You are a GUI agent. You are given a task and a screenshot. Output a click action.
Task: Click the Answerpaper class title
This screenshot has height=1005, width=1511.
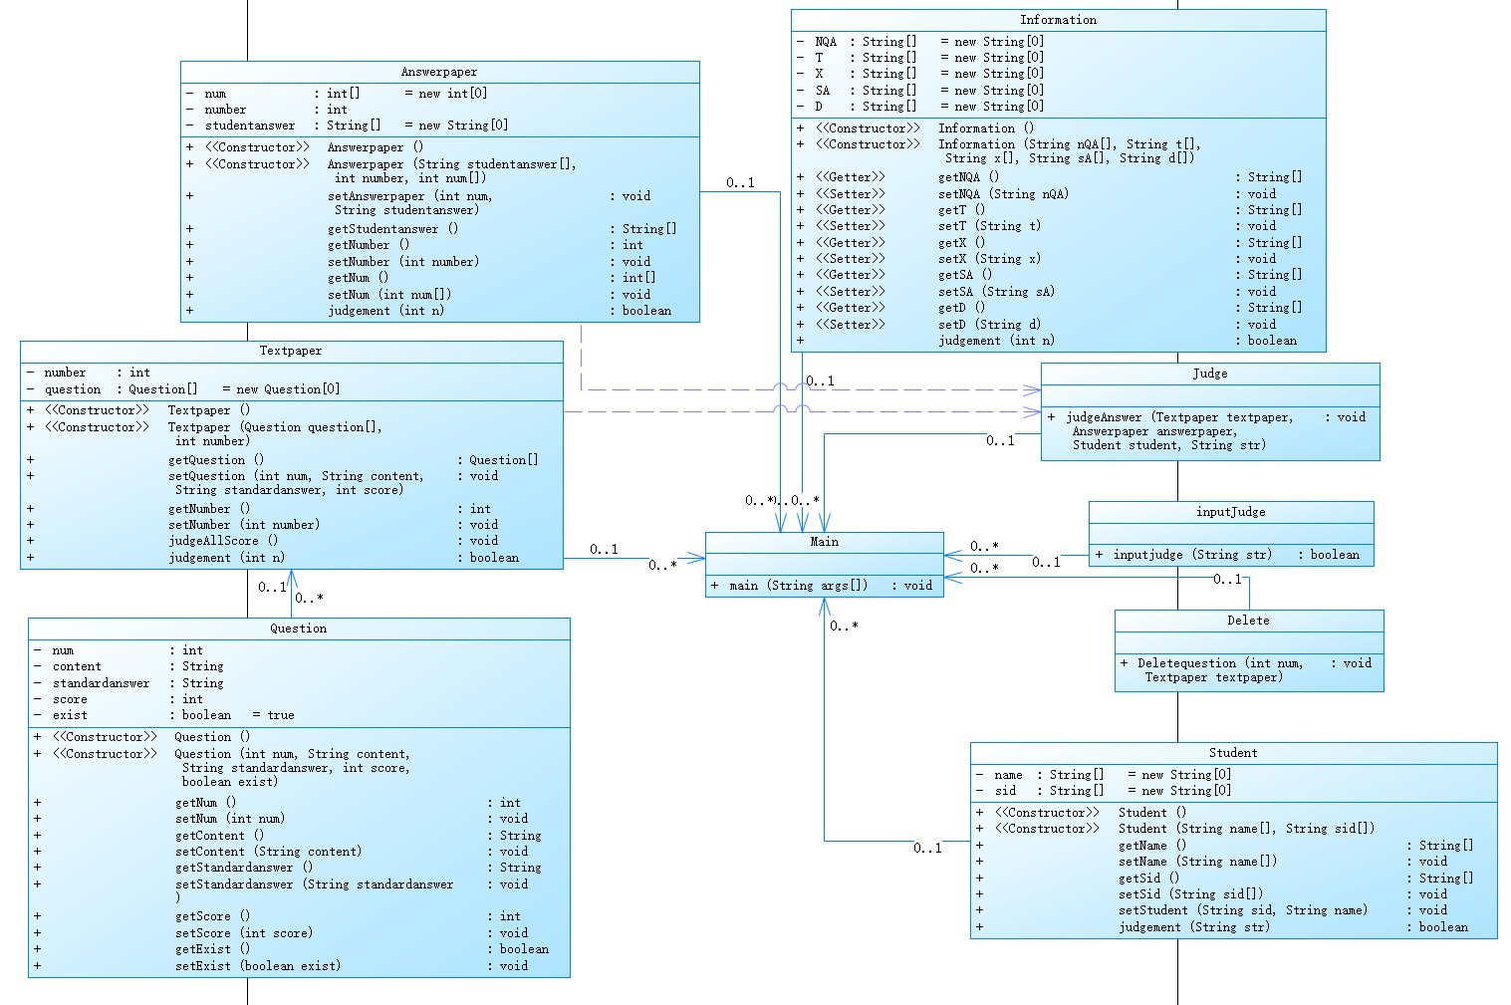439,72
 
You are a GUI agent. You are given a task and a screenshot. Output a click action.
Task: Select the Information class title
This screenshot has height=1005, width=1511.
1058,20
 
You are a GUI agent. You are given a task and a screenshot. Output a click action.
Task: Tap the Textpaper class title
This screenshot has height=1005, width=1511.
291,351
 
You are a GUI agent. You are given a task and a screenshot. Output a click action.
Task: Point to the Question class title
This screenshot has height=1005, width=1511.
298,628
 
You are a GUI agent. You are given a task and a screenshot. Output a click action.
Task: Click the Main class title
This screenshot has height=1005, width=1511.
824,542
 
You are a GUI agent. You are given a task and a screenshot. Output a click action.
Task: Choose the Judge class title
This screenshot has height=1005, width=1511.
1210,374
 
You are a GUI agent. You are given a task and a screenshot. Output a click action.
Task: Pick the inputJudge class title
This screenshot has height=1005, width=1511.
1230,512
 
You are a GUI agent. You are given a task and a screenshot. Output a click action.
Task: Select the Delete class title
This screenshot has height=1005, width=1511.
1248,621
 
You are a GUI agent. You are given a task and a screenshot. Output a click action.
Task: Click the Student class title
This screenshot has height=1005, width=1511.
1233,753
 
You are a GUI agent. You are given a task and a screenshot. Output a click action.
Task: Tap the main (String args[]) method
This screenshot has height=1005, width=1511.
798,586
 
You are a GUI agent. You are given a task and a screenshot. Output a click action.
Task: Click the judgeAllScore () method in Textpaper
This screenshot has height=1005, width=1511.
223,541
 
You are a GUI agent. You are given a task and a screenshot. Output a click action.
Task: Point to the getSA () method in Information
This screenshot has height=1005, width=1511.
964,275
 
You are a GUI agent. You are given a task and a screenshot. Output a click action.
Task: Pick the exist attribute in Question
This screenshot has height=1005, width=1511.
70,715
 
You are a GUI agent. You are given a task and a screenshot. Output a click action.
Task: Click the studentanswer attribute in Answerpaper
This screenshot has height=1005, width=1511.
250,126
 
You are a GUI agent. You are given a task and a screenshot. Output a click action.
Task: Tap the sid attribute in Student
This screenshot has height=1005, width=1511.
1006,791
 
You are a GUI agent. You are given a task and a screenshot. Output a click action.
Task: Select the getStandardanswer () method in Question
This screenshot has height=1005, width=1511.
243,868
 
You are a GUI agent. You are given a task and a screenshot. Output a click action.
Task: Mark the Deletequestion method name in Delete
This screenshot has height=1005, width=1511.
1186,663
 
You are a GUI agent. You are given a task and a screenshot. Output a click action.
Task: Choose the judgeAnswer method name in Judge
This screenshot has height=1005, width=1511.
1105,417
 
